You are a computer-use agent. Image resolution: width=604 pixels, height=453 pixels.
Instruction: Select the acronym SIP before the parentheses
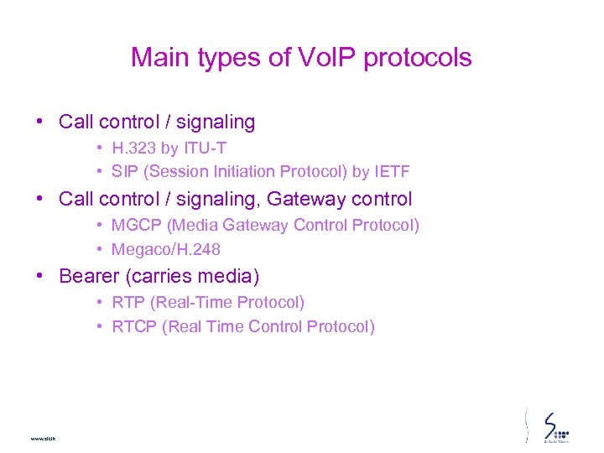point(125,172)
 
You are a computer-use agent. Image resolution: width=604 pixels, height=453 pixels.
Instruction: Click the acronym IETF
point(392,172)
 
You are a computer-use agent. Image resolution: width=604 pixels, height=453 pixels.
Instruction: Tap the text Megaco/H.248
point(166,249)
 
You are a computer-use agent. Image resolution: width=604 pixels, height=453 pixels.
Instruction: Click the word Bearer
point(88,276)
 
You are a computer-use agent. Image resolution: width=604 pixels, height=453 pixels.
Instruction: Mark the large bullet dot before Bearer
point(40,275)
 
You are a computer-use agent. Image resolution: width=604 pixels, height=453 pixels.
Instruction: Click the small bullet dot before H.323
point(99,148)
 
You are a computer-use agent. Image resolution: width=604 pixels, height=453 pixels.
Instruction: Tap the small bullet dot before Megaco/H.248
point(99,249)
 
